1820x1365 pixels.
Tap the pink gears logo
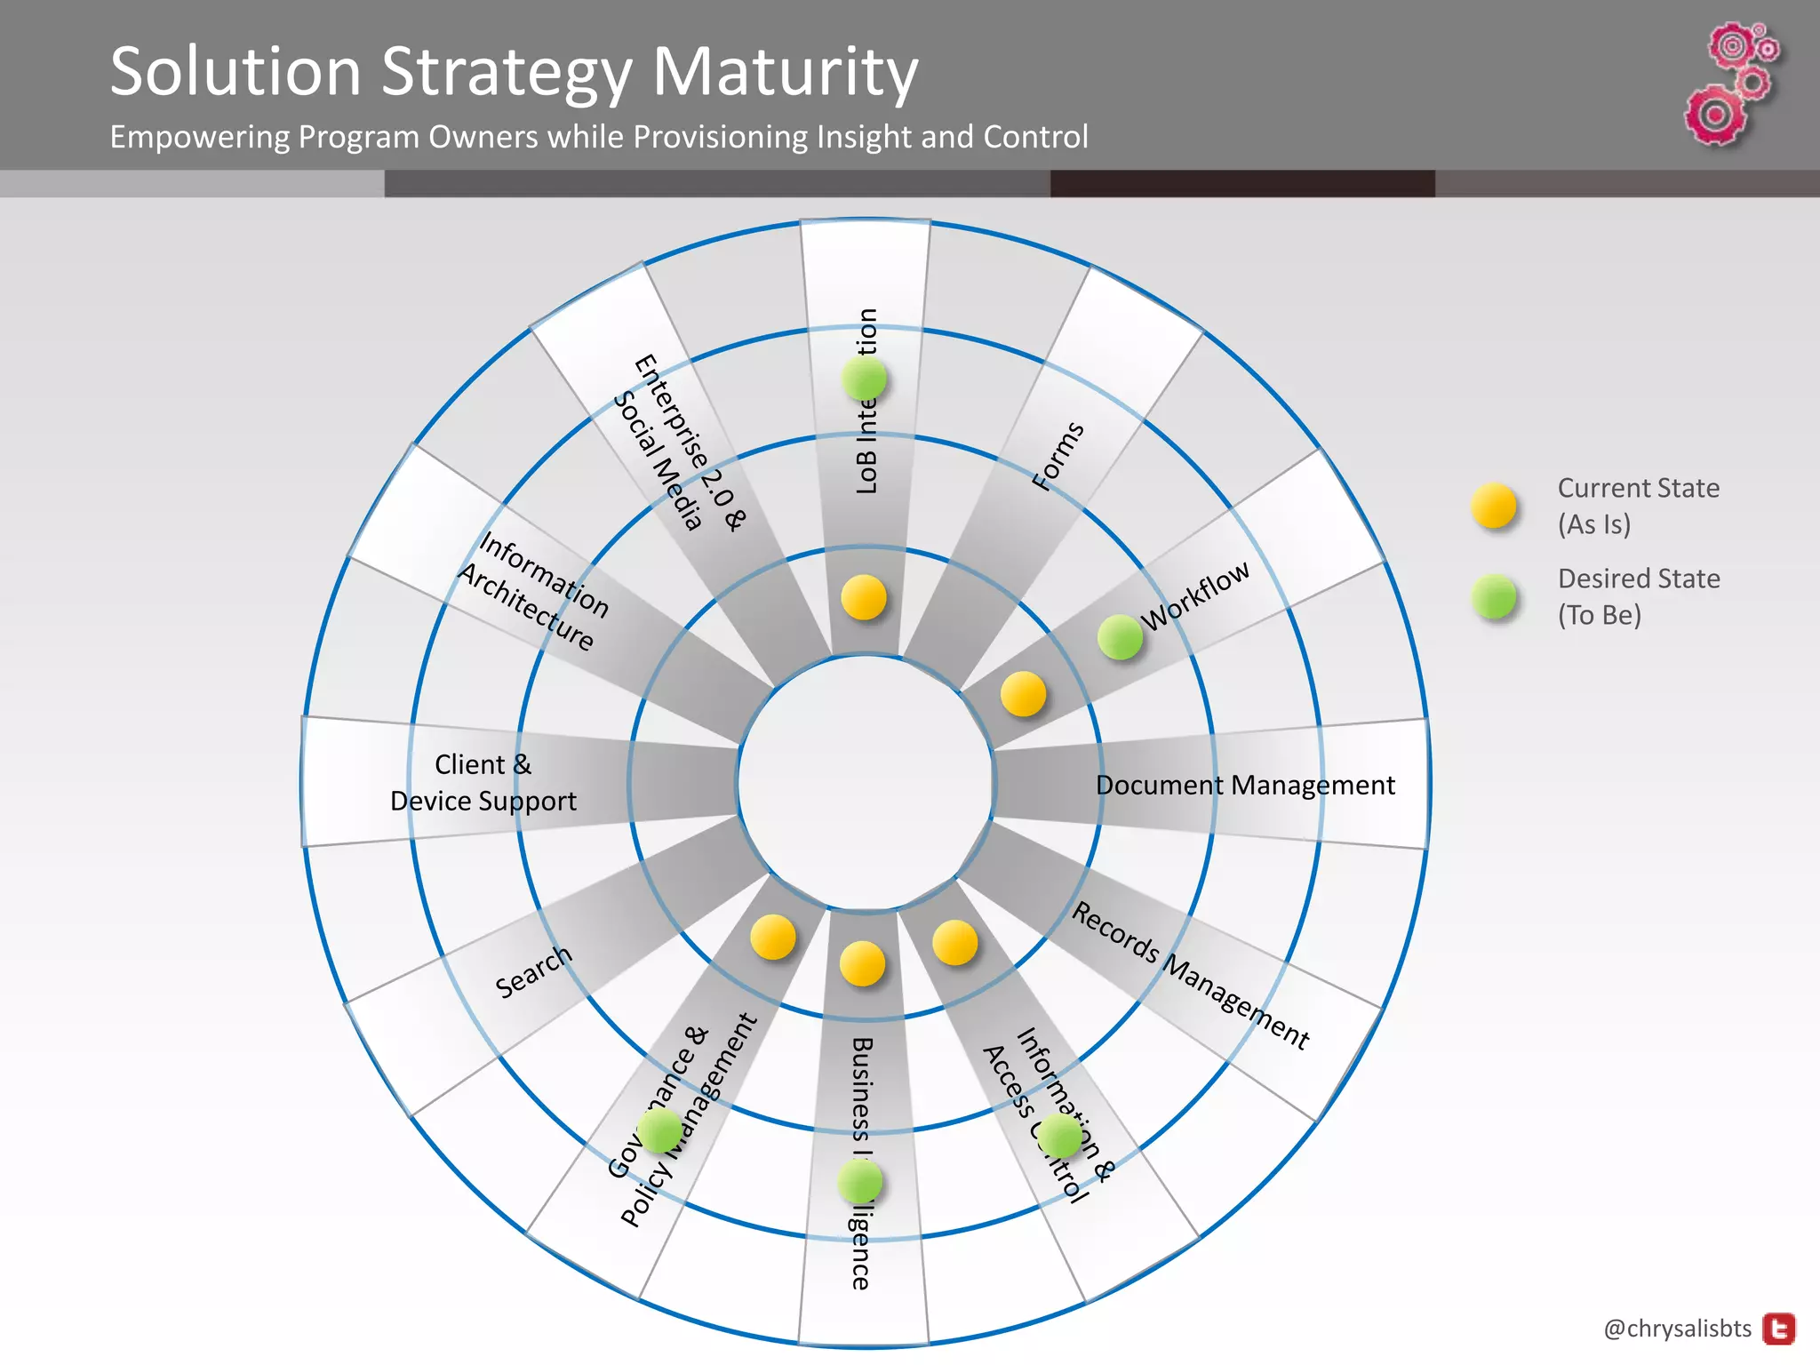coord(1731,84)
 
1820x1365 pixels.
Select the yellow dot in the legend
coord(1494,506)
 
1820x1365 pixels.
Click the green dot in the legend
coord(1494,596)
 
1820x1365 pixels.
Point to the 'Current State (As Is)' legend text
coord(1638,506)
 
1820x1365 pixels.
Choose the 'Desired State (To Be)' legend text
coord(1638,596)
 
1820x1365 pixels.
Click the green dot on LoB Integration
coord(865,379)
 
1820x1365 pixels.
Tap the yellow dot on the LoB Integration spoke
coord(864,597)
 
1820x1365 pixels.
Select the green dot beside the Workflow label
coord(1120,636)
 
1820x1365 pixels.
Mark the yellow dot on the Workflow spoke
coord(1023,694)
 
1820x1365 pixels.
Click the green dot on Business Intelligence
coord(860,1182)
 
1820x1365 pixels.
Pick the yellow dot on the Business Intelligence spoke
coord(862,964)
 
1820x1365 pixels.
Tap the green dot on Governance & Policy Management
coord(659,1130)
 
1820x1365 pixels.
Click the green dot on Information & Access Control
coord(1059,1136)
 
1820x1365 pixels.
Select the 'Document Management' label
coord(1245,786)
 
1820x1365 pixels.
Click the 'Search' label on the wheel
coord(533,971)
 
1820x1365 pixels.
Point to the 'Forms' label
coord(1058,456)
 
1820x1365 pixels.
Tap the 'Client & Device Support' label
coord(483,783)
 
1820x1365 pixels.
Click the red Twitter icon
coord(1779,1329)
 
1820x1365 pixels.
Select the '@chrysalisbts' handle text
coord(1677,1329)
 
